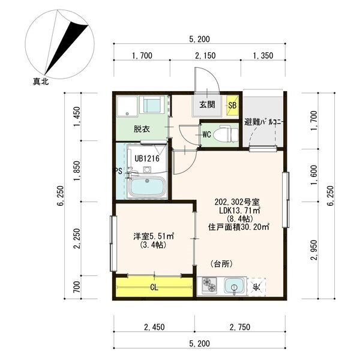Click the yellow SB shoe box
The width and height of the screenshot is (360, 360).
(x=232, y=106)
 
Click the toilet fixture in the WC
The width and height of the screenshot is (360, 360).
(x=226, y=134)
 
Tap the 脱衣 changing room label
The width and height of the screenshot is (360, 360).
(x=142, y=129)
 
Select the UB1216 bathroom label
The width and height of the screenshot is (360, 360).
(x=146, y=159)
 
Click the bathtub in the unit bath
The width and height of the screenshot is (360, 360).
(x=147, y=187)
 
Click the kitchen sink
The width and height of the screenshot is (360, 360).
(x=233, y=286)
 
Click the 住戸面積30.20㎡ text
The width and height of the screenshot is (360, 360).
(x=239, y=227)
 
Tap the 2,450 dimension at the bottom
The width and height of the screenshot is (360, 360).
(x=154, y=328)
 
